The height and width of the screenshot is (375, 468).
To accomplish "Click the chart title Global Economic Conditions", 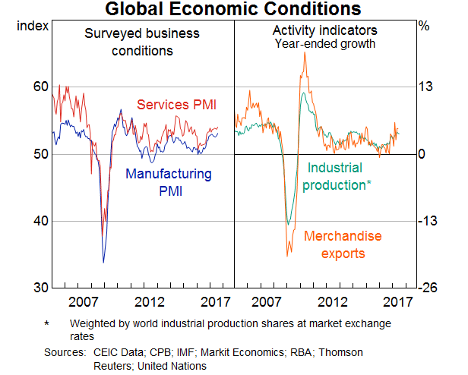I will (x=234, y=9).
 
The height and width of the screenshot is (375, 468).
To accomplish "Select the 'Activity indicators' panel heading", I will (x=325, y=30).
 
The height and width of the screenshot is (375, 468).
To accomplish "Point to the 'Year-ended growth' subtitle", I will (x=325, y=43).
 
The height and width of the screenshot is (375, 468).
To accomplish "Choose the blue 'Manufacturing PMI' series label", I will (x=169, y=182).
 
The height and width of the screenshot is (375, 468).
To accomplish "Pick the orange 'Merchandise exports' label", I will (x=343, y=244).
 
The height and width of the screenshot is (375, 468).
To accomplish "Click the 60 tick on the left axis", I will (x=41, y=87).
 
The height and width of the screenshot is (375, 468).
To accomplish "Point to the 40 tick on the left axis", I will (x=41, y=222).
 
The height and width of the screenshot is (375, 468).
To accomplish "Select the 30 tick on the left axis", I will (x=41, y=288).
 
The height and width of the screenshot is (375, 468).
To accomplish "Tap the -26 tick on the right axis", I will (x=428, y=288).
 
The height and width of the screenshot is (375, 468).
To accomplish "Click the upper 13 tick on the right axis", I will (x=426, y=87).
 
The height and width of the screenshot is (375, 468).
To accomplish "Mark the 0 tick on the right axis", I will (x=423, y=154).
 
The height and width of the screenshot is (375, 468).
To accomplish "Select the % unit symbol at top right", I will (x=424, y=26).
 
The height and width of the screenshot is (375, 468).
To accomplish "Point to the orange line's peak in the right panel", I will (x=305, y=53).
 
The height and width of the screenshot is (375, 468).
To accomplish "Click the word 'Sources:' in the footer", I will (x=64, y=353).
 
